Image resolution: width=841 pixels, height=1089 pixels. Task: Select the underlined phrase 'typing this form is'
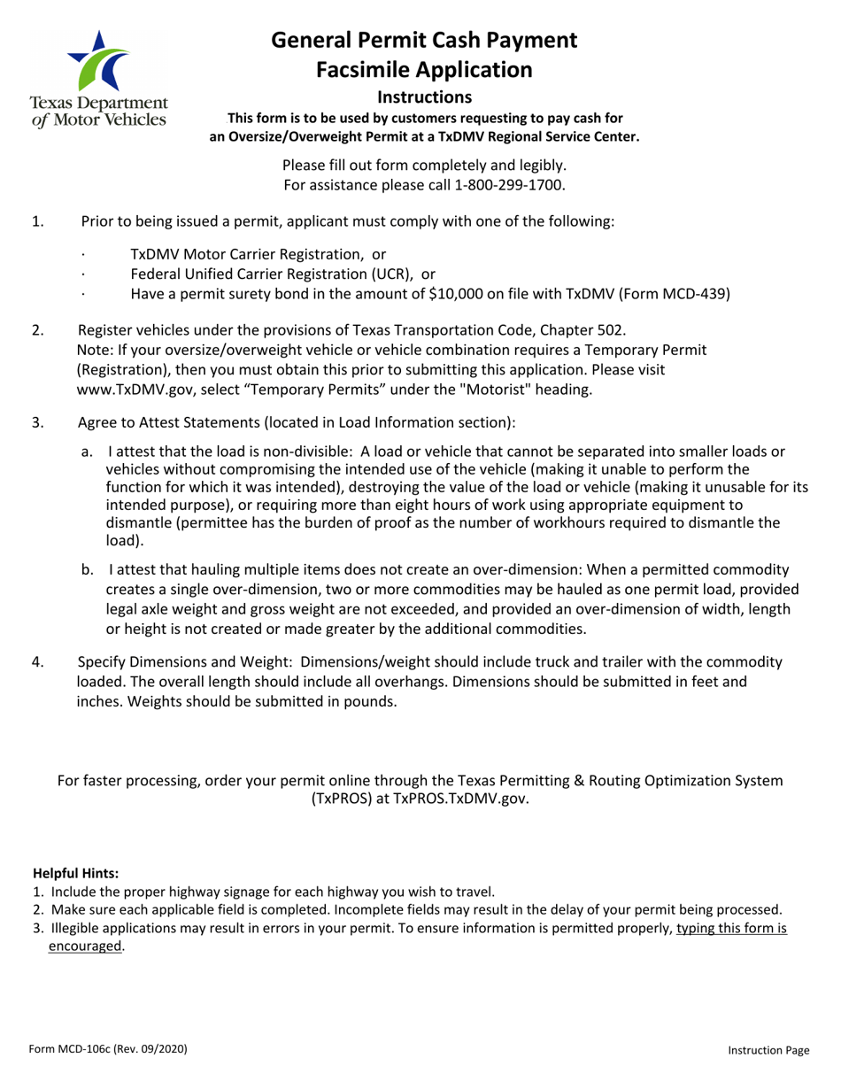coord(731,928)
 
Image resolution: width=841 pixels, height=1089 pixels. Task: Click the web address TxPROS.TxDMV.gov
coord(460,799)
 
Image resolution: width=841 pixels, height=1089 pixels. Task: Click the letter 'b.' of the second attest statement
coord(89,570)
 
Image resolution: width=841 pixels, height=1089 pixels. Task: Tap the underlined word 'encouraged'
coord(85,946)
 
